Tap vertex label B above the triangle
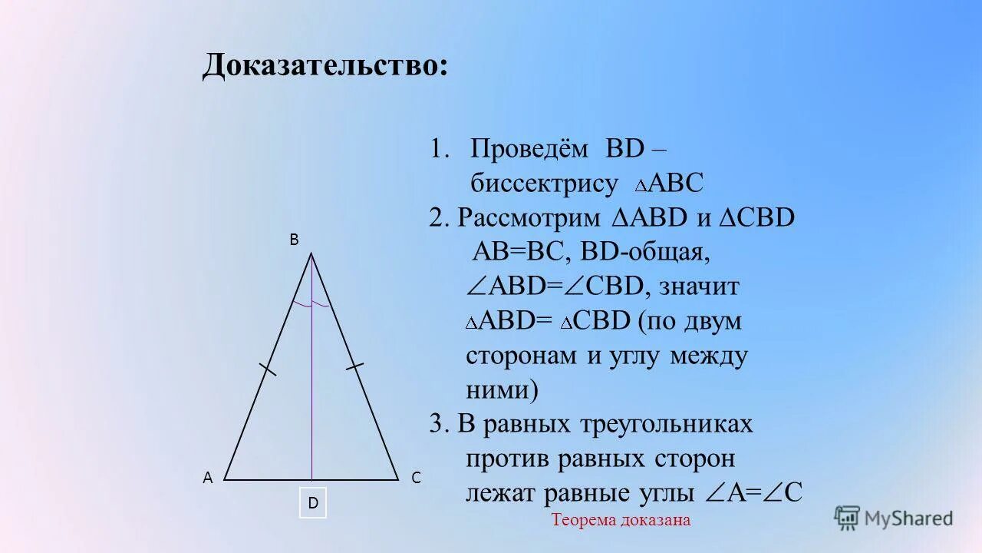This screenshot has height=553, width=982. click(x=294, y=240)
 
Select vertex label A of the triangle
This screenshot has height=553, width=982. click(x=207, y=478)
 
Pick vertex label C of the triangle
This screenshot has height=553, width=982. click(x=416, y=478)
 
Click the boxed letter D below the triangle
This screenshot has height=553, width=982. click(x=313, y=503)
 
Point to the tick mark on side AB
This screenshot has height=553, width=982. click(x=267, y=369)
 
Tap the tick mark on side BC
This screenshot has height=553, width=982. click(x=354, y=367)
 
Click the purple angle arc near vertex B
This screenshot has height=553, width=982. click(x=311, y=305)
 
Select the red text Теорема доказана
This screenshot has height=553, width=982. click(x=621, y=520)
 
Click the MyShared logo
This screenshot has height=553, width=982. click(x=894, y=518)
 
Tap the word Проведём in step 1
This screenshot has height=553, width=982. click(x=528, y=148)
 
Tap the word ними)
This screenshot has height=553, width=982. click(x=503, y=390)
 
